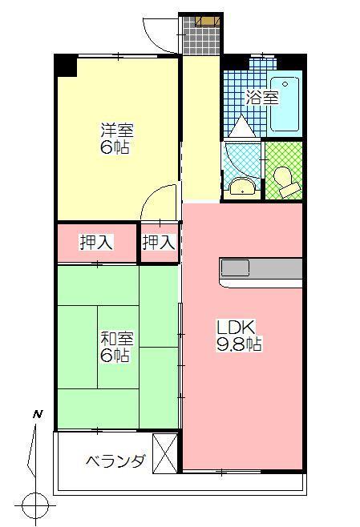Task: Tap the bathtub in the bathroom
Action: coord(285,105)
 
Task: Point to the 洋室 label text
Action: coord(115,128)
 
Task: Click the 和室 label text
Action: coord(115,337)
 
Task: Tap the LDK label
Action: coord(236,328)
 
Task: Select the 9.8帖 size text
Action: coord(238,345)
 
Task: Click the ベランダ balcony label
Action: coord(115,461)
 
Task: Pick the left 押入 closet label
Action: coord(95,243)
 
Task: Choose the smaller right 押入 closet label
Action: coord(159,243)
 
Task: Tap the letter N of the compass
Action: coord(37,415)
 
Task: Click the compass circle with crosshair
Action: coord(36,505)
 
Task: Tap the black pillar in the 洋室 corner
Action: coord(66,66)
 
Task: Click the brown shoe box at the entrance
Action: coord(206,21)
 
